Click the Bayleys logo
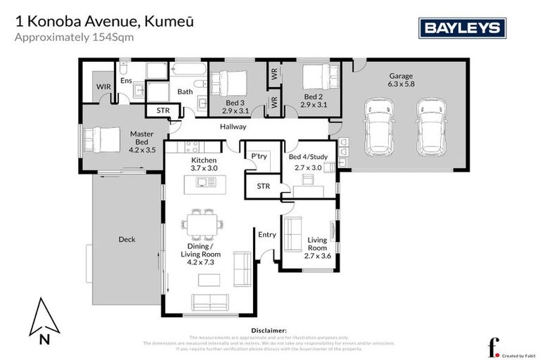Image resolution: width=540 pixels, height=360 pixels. coord(463,27)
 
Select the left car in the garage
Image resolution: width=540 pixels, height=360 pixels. coord(378,129)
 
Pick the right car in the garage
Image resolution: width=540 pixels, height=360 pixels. coord(431,129)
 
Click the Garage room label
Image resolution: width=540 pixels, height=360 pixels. coord(401,77)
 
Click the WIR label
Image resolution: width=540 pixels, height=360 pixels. coord(104,86)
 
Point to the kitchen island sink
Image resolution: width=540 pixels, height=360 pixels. coord(205,182)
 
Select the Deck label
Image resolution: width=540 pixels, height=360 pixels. coord(127,240)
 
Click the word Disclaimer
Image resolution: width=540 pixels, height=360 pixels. coord(269,330)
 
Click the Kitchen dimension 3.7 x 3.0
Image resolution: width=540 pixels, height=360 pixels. coord(205,169)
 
